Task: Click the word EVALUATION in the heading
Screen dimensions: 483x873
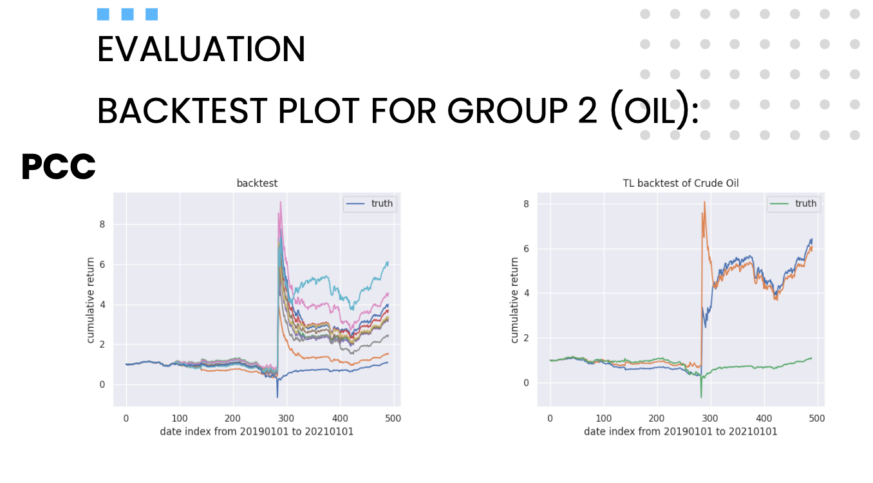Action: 201,50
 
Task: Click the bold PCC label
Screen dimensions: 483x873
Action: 59,167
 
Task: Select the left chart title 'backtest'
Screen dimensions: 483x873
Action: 257,184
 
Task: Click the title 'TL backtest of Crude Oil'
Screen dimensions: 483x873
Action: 681,184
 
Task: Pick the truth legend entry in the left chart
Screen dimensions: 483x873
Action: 381,204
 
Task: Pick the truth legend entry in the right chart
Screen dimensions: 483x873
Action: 805,204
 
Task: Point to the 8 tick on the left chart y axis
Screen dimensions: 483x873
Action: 101,225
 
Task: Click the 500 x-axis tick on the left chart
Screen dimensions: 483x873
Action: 393,418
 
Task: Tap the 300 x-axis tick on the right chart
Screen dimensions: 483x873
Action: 710,418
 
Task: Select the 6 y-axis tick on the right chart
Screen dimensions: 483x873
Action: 525,249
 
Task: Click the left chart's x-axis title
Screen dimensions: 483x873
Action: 257,431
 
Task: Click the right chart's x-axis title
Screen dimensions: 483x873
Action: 681,431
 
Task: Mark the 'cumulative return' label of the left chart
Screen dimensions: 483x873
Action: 91,299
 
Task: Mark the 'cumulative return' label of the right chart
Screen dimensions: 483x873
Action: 514,299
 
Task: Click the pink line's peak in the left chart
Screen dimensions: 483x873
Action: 280,202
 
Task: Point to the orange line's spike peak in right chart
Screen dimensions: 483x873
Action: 704,202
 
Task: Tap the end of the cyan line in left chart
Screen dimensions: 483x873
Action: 388,261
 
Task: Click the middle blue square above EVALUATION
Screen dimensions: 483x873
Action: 127,14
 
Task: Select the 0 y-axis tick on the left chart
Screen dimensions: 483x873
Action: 101,384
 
